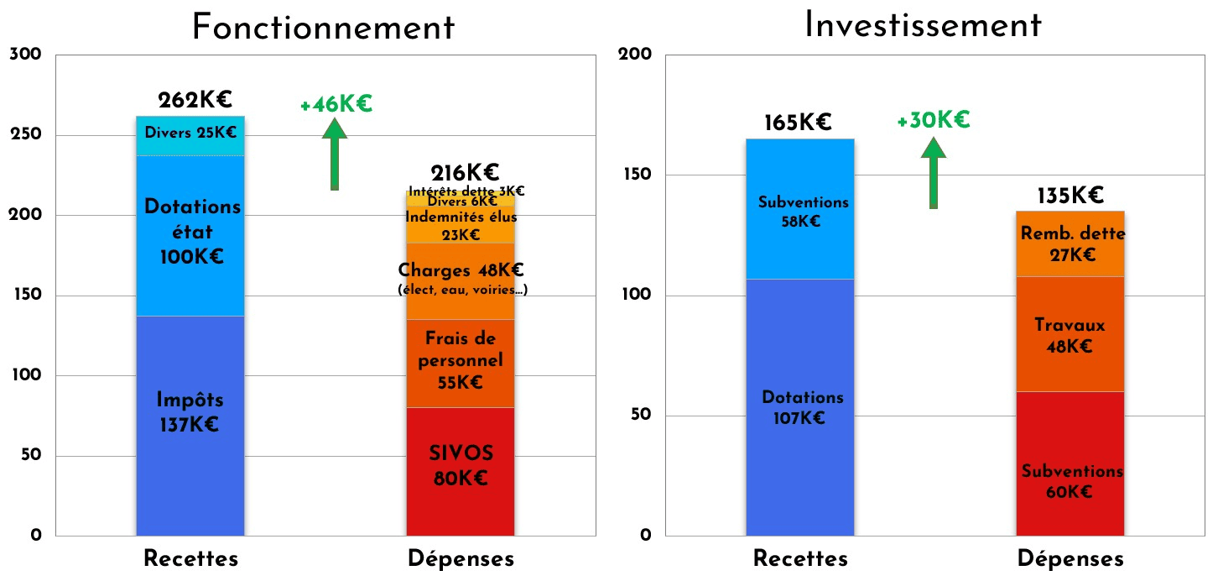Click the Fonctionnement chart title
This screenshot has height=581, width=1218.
pos(323,27)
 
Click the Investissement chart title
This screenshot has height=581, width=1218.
pos(923,25)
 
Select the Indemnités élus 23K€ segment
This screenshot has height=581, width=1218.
pos(461,225)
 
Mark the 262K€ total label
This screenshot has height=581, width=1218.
pos(195,101)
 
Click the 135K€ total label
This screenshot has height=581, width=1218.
pos(1070,196)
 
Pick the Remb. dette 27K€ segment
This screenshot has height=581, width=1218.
pos(1070,244)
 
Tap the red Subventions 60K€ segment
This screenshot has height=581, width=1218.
pos(1070,481)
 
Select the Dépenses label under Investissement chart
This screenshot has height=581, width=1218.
pos(1070,559)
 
